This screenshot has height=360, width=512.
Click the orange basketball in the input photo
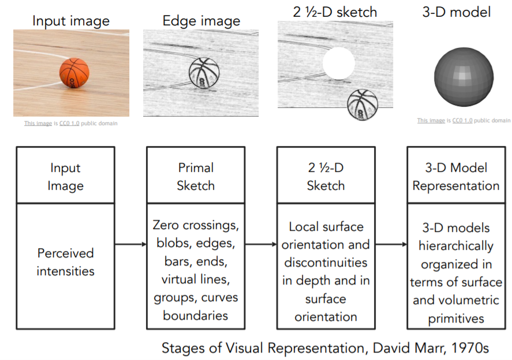[x=74, y=73]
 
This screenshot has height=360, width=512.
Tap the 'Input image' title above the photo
[x=70, y=22]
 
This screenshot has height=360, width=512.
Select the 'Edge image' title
[x=201, y=22]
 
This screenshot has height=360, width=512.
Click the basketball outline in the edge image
[x=204, y=74]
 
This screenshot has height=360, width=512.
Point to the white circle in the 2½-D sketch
[x=338, y=63]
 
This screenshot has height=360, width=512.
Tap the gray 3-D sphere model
[x=464, y=76]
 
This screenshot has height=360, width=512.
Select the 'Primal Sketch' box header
[x=196, y=177]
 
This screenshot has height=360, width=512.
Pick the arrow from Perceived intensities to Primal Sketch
[x=130, y=245]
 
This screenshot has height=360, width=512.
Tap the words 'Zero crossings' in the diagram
[x=196, y=224]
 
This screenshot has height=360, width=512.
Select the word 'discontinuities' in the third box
[x=326, y=262]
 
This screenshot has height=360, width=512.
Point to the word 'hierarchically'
[x=456, y=246]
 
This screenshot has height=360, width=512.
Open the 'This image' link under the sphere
[x=431, y=121]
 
